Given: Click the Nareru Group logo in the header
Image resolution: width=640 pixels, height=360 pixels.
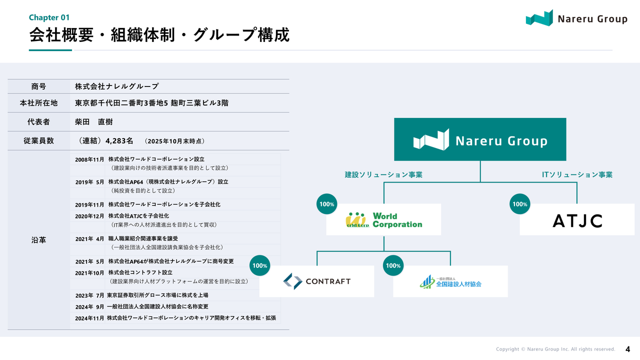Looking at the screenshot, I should pyautogui.click(x=576, y=18).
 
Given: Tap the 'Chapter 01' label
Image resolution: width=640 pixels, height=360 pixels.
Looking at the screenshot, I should pyautogui.click(x=49, y=17).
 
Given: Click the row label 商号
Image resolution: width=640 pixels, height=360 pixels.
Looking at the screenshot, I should pyautogui.click(x=38, y=86).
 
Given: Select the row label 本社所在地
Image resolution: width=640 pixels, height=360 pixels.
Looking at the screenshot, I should pyautogui.click(x=38, y=103).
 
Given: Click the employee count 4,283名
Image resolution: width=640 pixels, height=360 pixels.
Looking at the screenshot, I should pyautogui.click(x=119, y=141).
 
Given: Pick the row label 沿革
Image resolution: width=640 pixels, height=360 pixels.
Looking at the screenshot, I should pyautogui.click(x=38, y=240).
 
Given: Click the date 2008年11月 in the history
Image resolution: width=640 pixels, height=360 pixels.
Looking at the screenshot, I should pyautogui.click(x=89, y=159).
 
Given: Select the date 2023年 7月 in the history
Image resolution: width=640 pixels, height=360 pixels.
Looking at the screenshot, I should pyautogui.click(x=89, y=295).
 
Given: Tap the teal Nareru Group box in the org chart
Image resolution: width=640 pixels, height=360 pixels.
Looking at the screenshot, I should pyautogui.click(x=480, y=139).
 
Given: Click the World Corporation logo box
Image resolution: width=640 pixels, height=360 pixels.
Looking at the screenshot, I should pyautogui.click(x=383, y=219).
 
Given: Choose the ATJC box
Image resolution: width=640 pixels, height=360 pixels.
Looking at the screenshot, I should pyautogui.click(x=577, y=220).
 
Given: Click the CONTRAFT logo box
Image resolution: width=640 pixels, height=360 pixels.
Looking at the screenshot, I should pyautogui.click(x=316, y=281).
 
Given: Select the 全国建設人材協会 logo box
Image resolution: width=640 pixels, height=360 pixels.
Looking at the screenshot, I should pyautogui.click(x=450, y=281).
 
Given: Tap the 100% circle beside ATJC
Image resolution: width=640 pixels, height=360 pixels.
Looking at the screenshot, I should pyautogui.click(x=520, y=204).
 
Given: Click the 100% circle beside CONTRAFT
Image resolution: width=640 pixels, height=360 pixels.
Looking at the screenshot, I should pyautogui.click(x=260, y=265).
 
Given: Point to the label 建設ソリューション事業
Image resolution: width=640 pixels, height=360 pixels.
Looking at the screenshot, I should pyautogui.click(x=383, y=174).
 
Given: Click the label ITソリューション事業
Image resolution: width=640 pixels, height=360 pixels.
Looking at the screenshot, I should pyautogui.click(x=577, y=174).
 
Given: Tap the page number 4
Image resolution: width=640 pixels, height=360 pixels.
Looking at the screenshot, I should pyautogui.click(x=627, y=348).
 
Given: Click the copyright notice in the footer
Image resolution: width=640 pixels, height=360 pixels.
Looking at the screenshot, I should pyautogui.click(x=555, y=349).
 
